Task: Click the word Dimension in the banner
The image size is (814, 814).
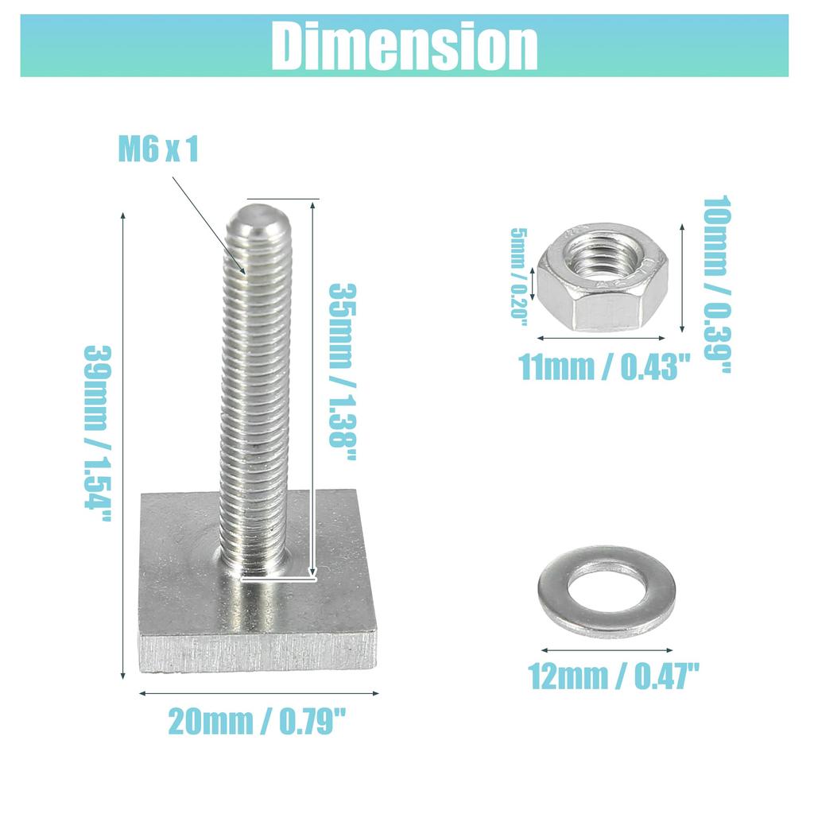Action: point(405,45)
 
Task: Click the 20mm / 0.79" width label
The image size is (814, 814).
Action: point(257,721)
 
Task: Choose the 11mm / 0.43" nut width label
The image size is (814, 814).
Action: point(604,367)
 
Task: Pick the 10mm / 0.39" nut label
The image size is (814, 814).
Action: point(717,284)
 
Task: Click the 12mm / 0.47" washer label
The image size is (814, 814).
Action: point(614,676)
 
